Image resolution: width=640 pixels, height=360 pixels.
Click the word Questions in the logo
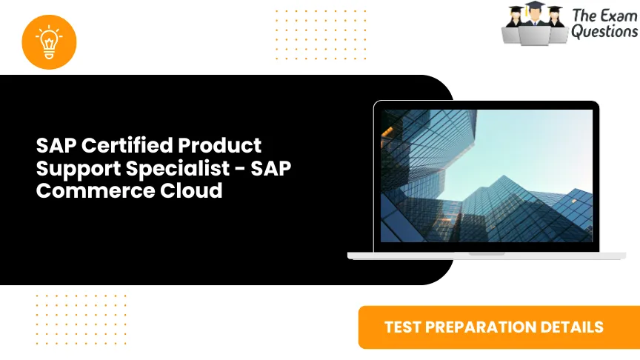603,32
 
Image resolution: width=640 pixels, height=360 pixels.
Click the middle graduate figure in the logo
534,22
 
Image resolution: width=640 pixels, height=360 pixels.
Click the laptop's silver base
486,255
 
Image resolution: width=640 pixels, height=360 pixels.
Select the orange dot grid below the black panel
81,319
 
